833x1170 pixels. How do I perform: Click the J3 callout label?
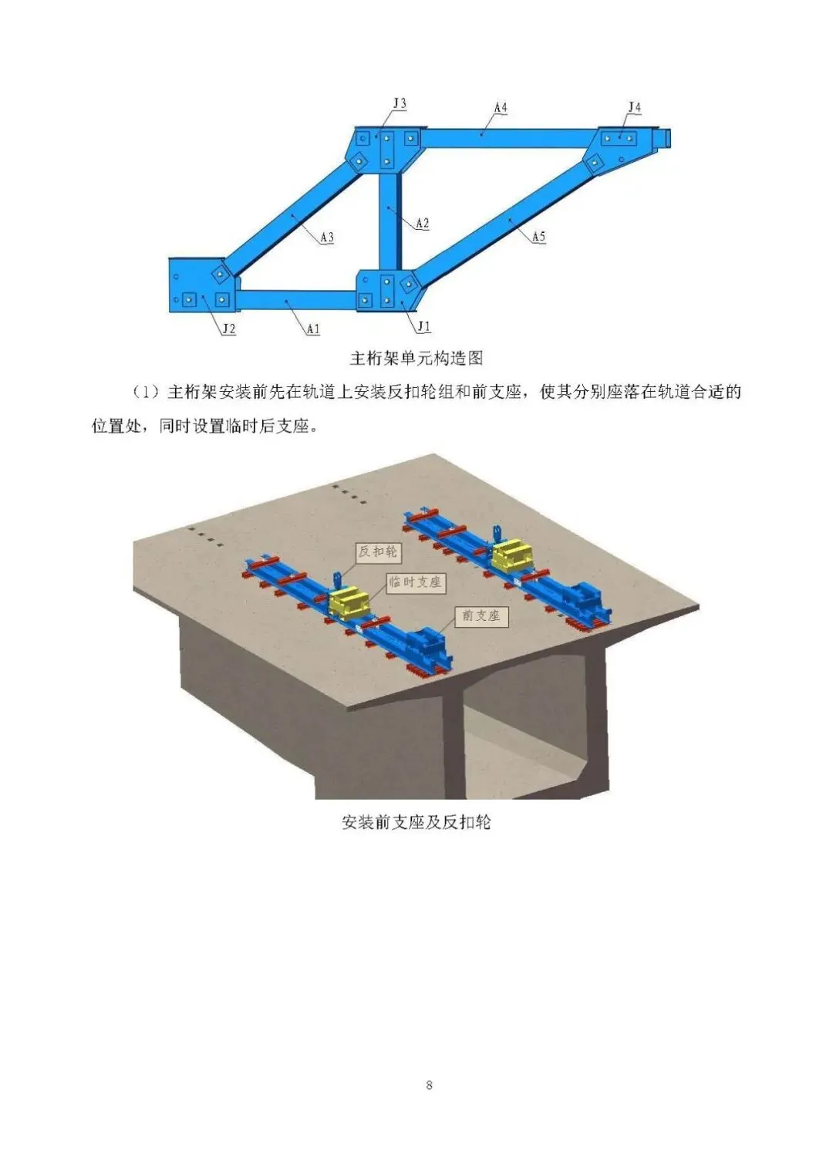400,104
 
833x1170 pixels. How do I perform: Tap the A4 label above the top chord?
501,108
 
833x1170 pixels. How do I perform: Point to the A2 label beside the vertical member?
422,224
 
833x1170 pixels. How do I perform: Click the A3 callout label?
327,238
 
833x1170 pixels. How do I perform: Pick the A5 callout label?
538,237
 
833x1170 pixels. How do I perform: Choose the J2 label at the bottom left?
228,329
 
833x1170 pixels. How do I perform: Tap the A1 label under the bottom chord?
313,329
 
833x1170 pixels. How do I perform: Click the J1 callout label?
423,327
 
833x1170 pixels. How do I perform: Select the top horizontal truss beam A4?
501,137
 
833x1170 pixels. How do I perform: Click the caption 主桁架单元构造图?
416,359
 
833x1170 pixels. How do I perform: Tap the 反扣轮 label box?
378,551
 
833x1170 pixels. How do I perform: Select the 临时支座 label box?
415,582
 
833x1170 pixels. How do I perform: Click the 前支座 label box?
481,615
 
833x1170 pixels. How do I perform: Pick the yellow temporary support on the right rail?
513,556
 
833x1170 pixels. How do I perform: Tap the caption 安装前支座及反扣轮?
416,822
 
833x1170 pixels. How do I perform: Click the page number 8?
429,1085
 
